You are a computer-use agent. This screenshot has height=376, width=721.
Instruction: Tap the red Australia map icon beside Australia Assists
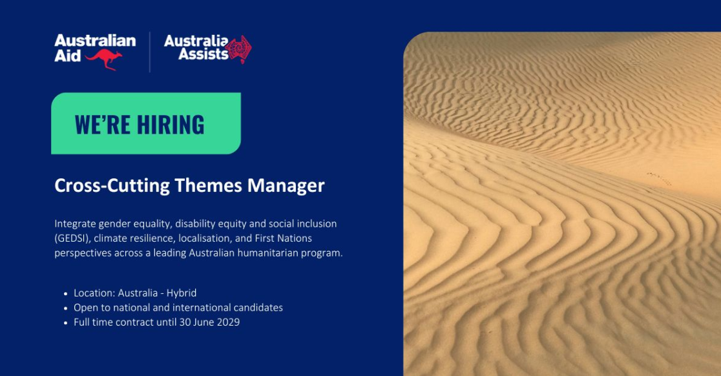click(238, 49)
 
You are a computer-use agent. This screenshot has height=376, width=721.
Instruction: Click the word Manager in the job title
click(286, 185)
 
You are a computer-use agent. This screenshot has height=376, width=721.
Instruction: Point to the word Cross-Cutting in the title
click(112, 185)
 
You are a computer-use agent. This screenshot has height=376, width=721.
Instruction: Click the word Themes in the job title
click(208, 185)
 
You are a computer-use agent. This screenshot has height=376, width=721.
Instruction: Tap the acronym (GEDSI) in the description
click(71, 238)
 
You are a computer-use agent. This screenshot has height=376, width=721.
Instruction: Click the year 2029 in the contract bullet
click(228, 322)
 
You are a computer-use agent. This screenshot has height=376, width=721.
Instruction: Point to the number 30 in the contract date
click(185, 322)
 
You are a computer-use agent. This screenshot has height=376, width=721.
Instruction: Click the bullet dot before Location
click(66, 294)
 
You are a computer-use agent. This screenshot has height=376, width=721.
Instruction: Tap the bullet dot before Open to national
click(66, 308)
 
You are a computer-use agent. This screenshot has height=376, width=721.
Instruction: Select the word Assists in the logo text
click(204, 54)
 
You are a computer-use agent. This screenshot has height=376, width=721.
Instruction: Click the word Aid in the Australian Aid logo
click(68, 56)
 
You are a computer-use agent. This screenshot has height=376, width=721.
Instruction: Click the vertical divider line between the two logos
click(150, 52)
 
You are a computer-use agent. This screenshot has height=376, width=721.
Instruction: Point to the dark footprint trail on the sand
click(658, 178)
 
